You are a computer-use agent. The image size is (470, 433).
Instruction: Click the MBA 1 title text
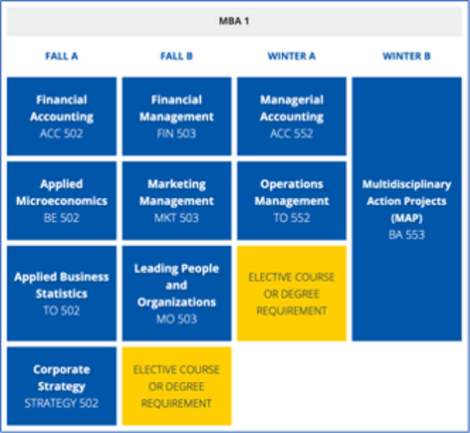tap(234, 21)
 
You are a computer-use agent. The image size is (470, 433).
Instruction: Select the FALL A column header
tap(61, 56)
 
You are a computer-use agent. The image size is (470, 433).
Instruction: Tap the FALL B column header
tap(176, 56)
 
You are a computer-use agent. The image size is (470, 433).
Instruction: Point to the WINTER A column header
tap(291, 56)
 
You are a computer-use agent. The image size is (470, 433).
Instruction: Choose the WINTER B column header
tap(406, 56)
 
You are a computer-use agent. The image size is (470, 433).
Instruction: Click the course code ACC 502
tap(61, 134)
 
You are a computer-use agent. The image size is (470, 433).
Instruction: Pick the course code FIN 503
tap(176, 134)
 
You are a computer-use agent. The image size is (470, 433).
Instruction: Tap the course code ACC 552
tap(291, 134)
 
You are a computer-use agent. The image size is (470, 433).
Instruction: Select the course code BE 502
tap(61, 218)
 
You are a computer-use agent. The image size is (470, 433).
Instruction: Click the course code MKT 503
tap(176, 218)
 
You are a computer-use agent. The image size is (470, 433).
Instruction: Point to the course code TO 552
tap(292, 218)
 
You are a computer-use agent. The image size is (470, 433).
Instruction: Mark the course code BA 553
tap(406, 235)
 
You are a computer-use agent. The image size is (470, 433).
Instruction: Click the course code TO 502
tap(61, 311)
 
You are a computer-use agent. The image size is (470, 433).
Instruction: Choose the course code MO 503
tap(176, 319)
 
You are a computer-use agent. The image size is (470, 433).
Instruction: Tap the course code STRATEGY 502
tap(61, 403)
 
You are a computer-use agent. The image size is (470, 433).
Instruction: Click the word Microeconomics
tap(61, 201)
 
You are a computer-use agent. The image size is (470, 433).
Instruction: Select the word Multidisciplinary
tap(406, 185)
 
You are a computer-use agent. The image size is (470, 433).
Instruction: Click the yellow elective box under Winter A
tap(291, 293)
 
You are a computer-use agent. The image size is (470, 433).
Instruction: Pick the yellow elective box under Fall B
tap(177, 386)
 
